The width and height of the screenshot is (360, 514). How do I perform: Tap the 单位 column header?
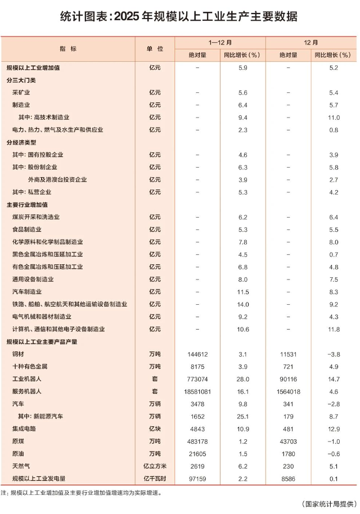point(155,49)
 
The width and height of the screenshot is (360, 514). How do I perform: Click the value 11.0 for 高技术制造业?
point(334,117)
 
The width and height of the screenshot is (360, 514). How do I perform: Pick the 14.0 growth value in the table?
point(243,304)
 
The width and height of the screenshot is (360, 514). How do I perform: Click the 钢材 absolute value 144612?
point(197,354)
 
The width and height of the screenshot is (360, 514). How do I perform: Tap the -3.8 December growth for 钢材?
point(334,354)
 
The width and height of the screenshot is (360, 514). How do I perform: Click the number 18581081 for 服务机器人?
point(197,391)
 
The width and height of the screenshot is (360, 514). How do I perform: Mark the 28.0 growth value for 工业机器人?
point(243,378)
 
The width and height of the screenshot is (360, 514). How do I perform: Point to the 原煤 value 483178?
point(197,441)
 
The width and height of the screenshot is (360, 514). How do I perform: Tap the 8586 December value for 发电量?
point(287,478)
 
